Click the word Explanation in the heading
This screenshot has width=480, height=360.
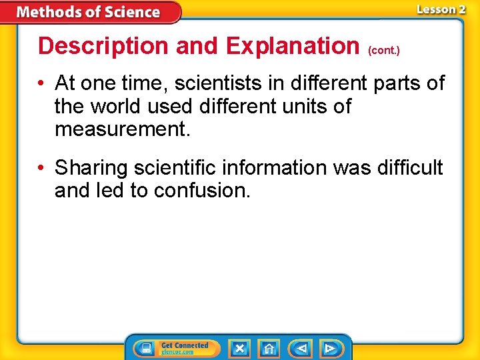point(293,46)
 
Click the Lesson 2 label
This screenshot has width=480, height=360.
point(441,9)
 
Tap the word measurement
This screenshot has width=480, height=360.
point(123,129)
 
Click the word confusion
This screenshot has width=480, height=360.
point(202,191)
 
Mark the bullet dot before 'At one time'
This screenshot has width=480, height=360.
point(42,84)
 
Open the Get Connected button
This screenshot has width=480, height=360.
point(173,348)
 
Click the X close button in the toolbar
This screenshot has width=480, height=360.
point(239,348)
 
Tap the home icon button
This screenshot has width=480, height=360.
point(269,348)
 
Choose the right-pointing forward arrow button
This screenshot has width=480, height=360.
point(329,348)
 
